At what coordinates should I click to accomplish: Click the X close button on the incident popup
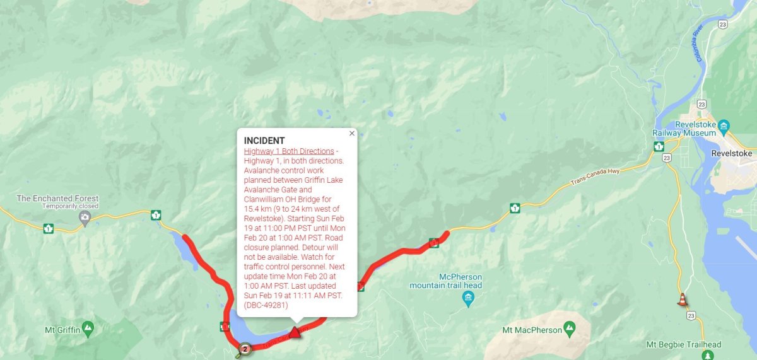[352, 133]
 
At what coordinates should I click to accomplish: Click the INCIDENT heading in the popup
[264, 141]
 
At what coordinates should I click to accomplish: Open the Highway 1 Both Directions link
[289, 151]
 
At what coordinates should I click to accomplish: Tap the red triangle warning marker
[294, 332]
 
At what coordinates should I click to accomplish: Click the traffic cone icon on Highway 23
[682, 299]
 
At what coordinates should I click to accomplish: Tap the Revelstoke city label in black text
[731, 153]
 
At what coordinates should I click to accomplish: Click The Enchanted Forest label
[57, 198]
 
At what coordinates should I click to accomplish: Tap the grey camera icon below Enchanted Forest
[85, 218]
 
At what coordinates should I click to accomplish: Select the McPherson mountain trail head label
[445, 281]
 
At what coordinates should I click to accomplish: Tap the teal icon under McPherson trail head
[468, 298]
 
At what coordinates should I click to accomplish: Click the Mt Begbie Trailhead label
[684, 344]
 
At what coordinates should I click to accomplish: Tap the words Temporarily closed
[71, 206]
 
